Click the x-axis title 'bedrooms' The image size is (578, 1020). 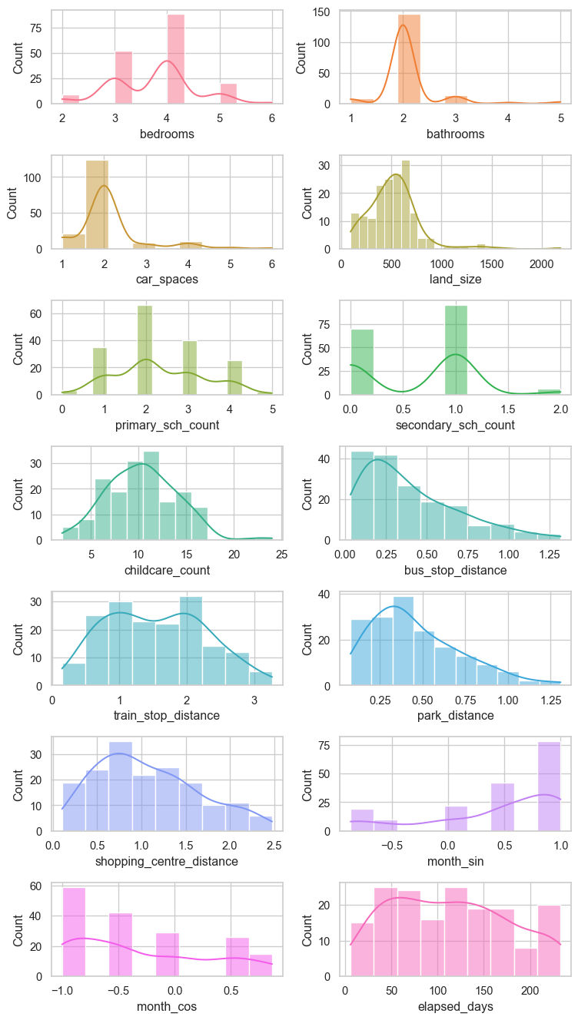(167, 134)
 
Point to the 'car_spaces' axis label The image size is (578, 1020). (167, 280)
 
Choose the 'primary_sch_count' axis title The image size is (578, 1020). (167, 425)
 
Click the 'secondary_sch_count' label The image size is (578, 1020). (455, 425)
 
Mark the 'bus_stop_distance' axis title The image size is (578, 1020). (455, 570)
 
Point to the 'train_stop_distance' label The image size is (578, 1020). (167, 716)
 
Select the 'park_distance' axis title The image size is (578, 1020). (455, 716)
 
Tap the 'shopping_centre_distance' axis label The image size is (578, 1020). (167, 861)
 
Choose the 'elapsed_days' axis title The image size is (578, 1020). (455, 1006)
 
